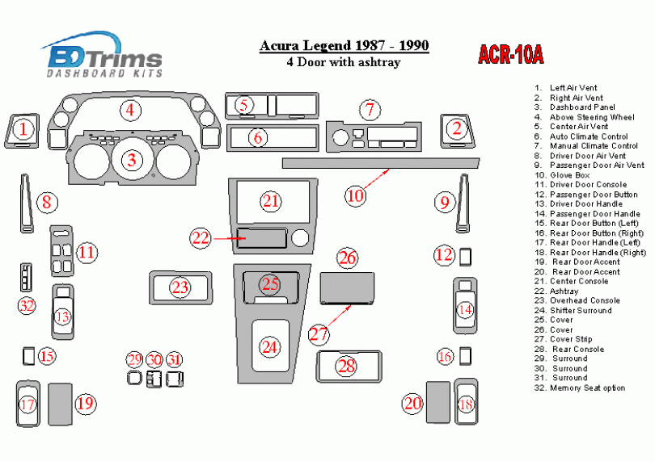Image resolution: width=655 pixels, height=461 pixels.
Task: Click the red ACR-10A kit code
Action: tap(510, 54)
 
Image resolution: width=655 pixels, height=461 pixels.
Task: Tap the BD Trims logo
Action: tap(103, 54)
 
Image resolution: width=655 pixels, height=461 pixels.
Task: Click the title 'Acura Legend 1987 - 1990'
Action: tap(344, 45)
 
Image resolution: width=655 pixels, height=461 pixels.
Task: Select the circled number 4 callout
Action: tap(131, 110)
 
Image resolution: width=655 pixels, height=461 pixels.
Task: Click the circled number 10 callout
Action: tap(356, 195)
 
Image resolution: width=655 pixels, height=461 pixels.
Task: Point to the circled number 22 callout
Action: tap(200, 238)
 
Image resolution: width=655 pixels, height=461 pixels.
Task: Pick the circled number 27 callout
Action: tap(319, 334)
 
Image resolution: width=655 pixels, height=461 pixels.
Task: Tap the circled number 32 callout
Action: tap(27, 305)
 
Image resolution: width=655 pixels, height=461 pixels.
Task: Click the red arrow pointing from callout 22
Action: tap(229, 239)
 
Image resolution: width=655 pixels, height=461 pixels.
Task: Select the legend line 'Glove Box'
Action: tap(562, 175)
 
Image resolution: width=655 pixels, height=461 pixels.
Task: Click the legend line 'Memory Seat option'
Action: tap(580, 388)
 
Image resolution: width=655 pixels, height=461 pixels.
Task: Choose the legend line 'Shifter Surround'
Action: tap(573, 310)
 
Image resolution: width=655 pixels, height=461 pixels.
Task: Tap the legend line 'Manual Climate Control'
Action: tap(586, 146)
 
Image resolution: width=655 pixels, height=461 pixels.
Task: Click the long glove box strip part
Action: tap(381, 163)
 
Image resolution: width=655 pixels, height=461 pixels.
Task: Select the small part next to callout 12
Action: tap(465, 257)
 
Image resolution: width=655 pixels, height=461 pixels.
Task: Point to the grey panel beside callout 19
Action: tap(60, 404)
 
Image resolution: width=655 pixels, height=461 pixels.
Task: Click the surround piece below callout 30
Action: tap(154, 379)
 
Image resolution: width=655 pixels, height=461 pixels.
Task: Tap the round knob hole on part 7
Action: tap(340, 137)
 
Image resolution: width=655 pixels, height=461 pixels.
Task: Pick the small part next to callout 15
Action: tap(29, 356)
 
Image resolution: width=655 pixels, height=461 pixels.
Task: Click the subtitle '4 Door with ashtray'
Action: tap(344, 62)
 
